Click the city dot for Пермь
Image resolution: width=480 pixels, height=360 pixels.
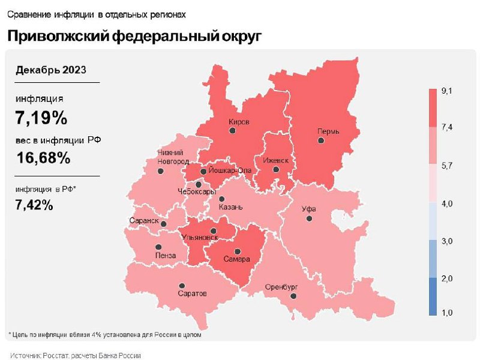[321, 140]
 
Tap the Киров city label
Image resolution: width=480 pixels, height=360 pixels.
[239, 122]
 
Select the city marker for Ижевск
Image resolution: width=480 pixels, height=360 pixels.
[276, 170]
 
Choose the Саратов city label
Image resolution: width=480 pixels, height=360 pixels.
[193, 294]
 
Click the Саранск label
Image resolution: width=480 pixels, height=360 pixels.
[143, 221]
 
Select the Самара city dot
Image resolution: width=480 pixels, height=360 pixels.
[237, 251]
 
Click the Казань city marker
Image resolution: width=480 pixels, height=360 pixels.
[222, 199]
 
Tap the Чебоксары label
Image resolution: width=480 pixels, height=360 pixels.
[196, 191]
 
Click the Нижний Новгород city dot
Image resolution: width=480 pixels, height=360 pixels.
[161, 171]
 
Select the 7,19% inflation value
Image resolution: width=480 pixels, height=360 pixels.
[41, 117]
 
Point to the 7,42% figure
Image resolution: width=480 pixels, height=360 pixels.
[35, 205]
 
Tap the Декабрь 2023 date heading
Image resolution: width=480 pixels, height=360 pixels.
[50, 70]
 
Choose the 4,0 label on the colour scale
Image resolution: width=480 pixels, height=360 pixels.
[447, 204]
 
